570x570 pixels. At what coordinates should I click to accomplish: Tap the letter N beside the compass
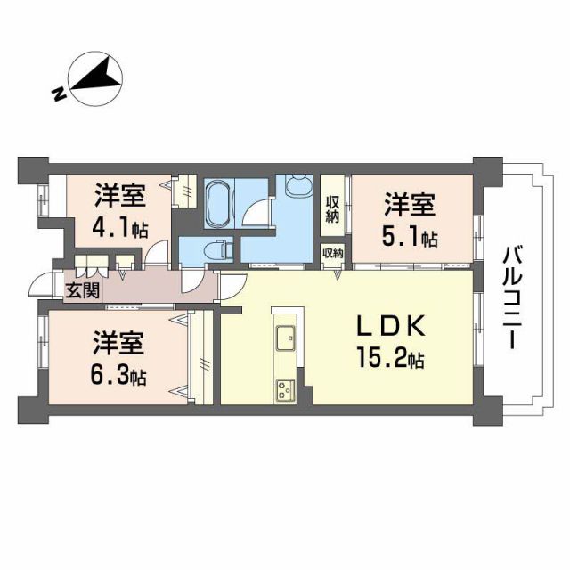(57, 94)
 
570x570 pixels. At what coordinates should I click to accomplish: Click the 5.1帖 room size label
(411, 239)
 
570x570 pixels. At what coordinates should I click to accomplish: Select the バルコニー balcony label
(512, 297)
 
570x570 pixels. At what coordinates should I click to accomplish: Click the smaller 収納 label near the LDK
(332, 254)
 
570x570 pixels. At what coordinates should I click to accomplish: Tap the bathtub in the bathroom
(218, 204)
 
